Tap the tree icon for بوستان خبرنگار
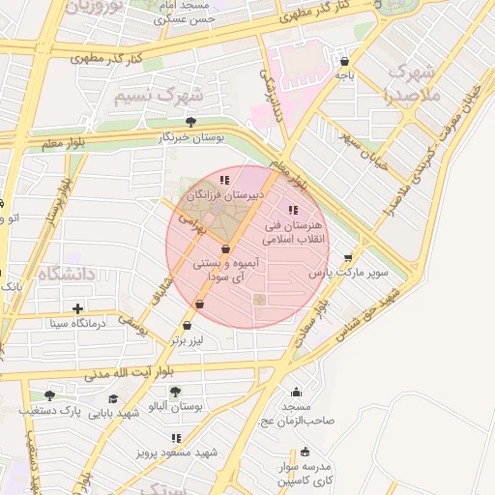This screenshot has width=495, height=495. pyautogui.click(x=189, y=122)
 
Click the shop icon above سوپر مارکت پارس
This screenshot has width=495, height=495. pyautogui.click(x=348, y=258)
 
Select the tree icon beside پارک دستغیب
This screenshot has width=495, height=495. pyautogui.click(x=49, y=395)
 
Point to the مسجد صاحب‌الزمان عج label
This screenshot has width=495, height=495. pyautogui.click(x=296, y=414)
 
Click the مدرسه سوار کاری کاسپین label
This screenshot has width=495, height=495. pyautogui.click(x=306, y=473)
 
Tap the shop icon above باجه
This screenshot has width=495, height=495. pyautogui.click(x=344, y=61)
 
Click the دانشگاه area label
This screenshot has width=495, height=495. pyautogui.click(x=68, y=275)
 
